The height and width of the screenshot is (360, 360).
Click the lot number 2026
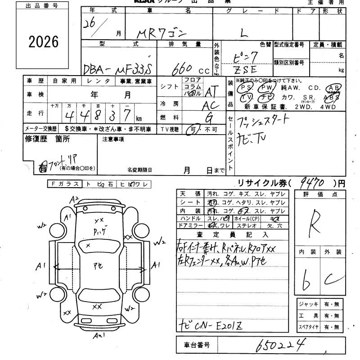click(x=44, y=42)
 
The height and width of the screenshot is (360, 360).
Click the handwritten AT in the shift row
click(x=211, y=92)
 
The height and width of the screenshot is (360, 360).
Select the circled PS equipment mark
click(x=246, y=87)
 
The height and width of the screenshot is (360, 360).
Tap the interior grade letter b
click(x=307, y=279)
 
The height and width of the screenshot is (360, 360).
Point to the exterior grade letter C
click(x=332, y=279)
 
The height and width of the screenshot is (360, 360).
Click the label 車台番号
click(x=196, y=345)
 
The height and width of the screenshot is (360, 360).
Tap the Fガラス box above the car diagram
click(x=65, y=184)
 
